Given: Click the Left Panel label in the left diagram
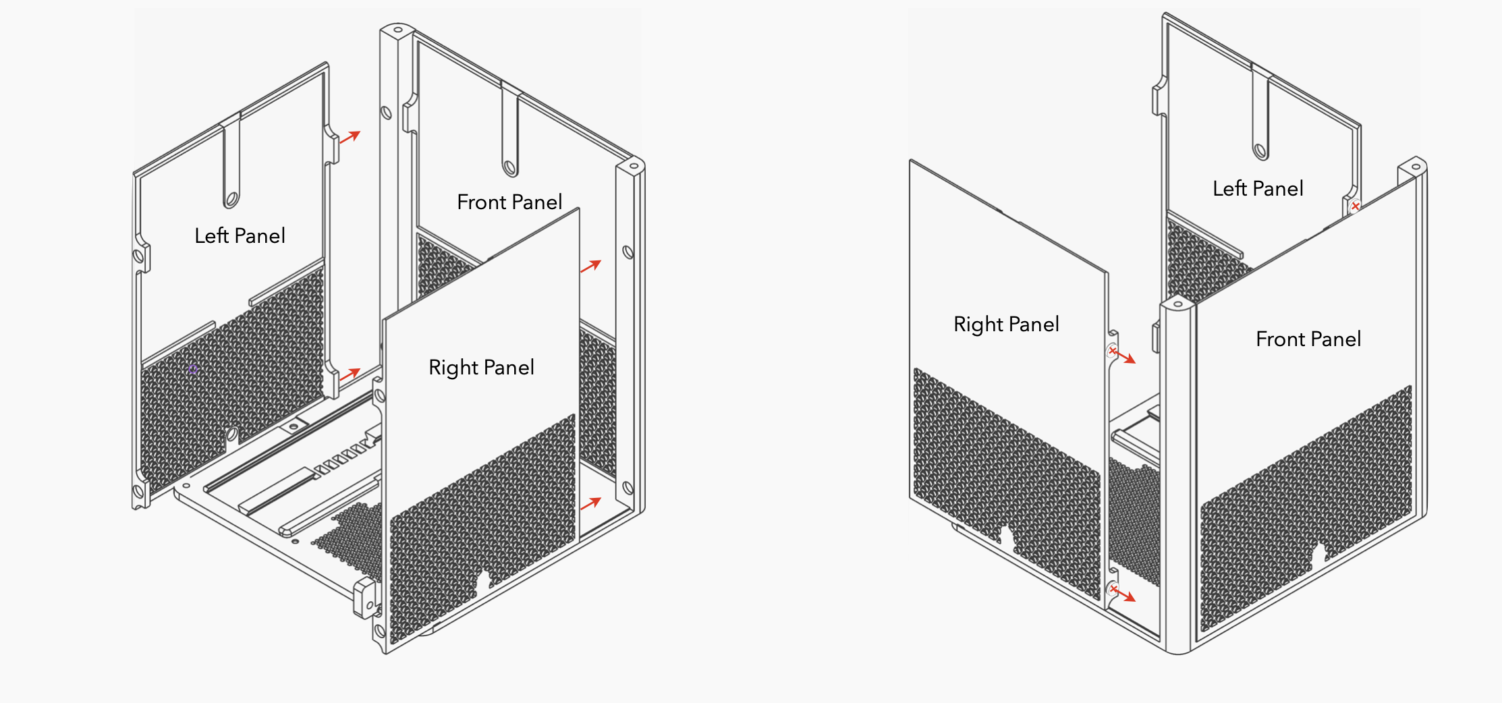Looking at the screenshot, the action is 240,235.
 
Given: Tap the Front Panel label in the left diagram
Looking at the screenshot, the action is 509,202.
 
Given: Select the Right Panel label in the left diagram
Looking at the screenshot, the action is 481,367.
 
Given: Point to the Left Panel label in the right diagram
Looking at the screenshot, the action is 1258,188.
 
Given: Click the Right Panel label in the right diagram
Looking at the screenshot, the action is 1006,324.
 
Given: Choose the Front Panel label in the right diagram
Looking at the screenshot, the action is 1308,339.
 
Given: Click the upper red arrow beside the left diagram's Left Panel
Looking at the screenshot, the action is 350,137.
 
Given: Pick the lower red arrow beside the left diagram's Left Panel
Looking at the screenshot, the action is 350,374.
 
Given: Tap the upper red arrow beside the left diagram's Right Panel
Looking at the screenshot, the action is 590,266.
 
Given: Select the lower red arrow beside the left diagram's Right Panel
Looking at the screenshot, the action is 590,503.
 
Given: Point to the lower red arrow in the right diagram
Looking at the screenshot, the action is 1124,594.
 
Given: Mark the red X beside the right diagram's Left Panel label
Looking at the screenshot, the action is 1355,206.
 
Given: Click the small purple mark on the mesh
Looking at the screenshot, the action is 193,369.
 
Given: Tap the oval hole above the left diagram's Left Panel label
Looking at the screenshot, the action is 231,200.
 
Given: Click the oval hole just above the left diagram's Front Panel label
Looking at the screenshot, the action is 510,167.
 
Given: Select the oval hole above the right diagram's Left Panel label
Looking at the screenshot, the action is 1260,150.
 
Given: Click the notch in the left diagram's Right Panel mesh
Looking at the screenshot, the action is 483,578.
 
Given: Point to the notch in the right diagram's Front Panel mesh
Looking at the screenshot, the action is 1317,553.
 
